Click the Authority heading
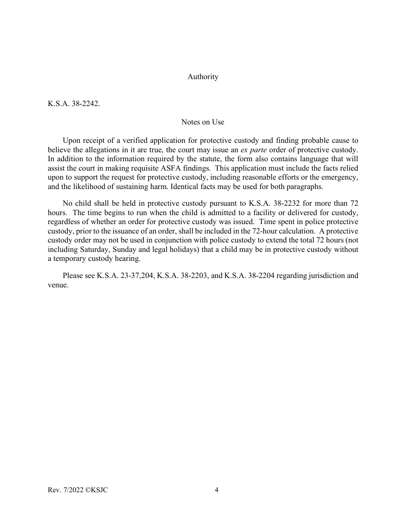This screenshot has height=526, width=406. pos(203,77)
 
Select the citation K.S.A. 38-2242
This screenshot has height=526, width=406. pos(74,103)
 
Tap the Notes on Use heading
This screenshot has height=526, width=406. pos(203,122)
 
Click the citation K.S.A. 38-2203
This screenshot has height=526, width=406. pos(183,276)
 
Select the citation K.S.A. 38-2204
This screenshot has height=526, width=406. pos(250,276)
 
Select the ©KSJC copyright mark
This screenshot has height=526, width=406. pos(97,490)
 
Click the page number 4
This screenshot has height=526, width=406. pos(216,490)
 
